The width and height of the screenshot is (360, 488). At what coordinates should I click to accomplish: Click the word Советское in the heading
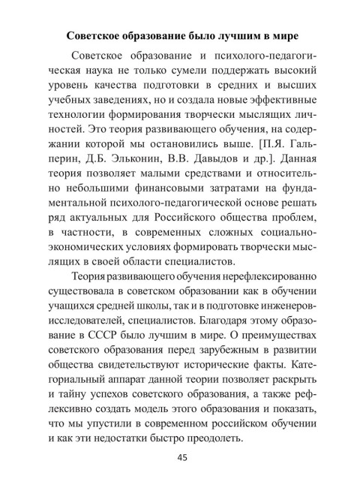pyautogui.click(x=98, y=35)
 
